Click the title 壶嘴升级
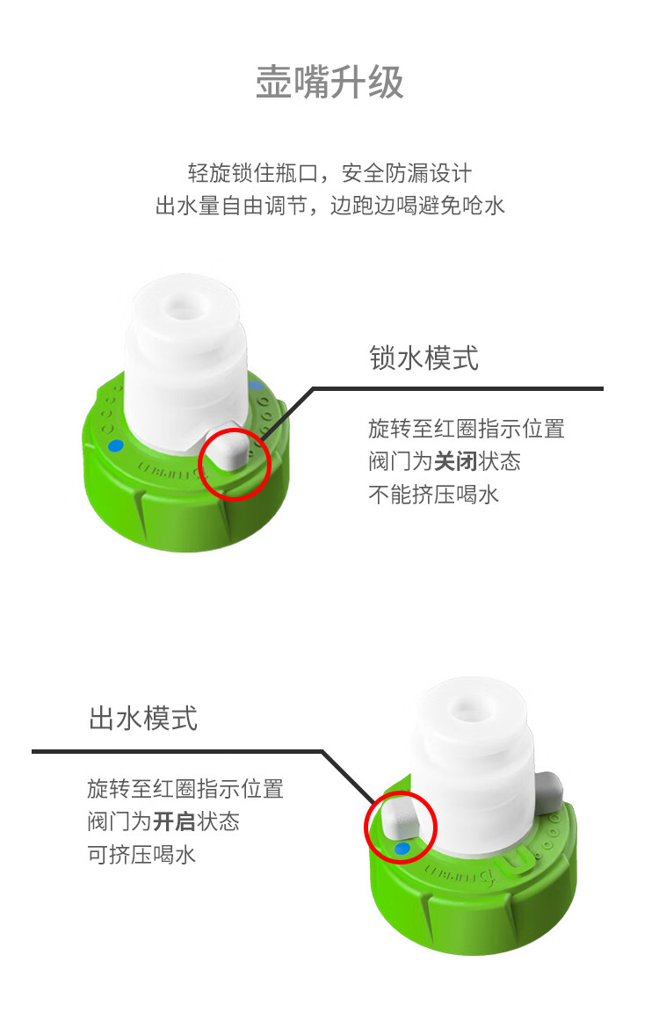pos(329,83)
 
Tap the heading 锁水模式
pos(424,358)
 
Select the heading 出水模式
pos(143,718)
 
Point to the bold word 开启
pos(175,821)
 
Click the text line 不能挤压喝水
pos(433,494)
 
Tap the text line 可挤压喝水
pos(141,854)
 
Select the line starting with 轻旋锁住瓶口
pos(329,172)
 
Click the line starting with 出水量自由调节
pos(329,206)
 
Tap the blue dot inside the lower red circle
pos(402,849)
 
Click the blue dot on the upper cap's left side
pos(114,445)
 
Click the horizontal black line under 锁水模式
pos(457,388)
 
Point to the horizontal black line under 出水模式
pos(176,751)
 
